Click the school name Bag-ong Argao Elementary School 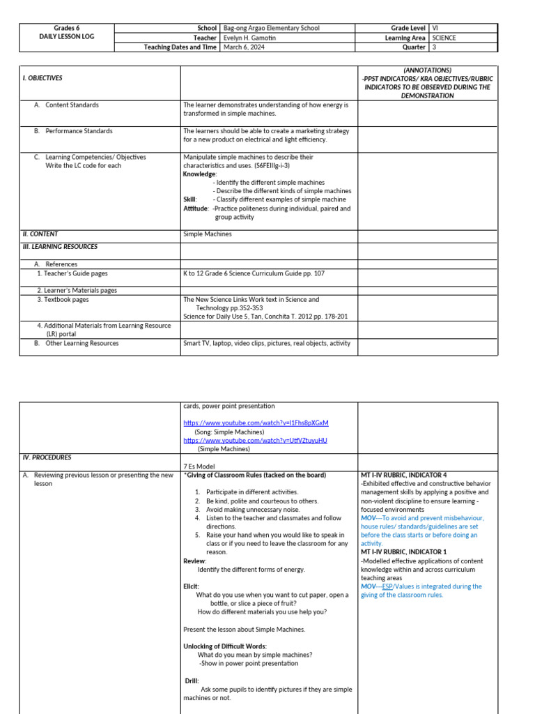tap(272, 28)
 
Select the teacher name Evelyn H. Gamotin tap(256, 38)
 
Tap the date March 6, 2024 tap(245, 47)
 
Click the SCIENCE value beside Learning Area tap(444, 38)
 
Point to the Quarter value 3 tap(435, 47)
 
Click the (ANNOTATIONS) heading tap(426, 70)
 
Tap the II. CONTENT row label tap(40, 234)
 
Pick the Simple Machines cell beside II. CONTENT tap(207, 234)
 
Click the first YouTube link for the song tap(256, 423)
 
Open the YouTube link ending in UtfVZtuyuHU tap(255, 441)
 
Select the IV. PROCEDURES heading tap(47, 457)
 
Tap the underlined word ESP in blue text tap(388, 586)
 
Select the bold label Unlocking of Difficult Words tap(225, 646)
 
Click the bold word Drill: tap(192, 681)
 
